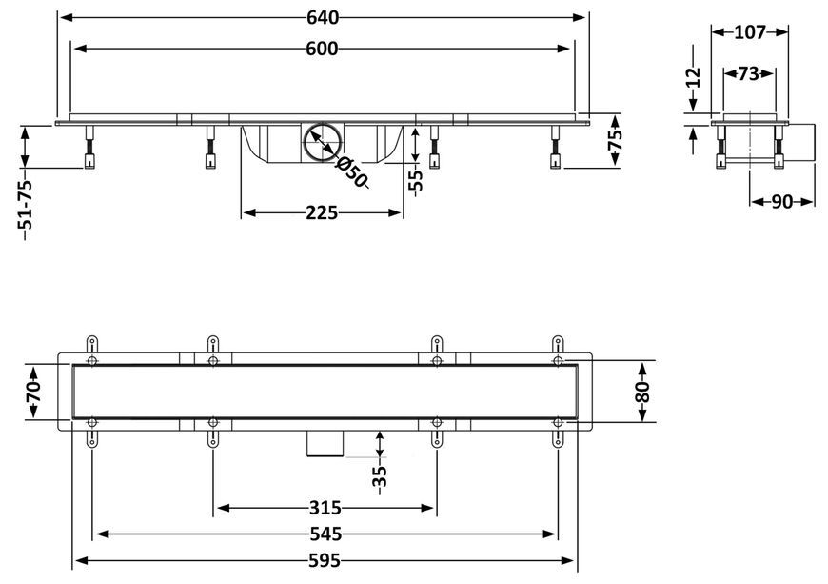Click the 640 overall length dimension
pos(323,18)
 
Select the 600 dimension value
pos(322,50)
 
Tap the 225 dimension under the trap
pos(322,213)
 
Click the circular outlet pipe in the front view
pos(322,142)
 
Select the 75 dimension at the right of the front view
pos(615,140)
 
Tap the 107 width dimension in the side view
pos(750,32)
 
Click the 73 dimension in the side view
pos(749,73)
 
